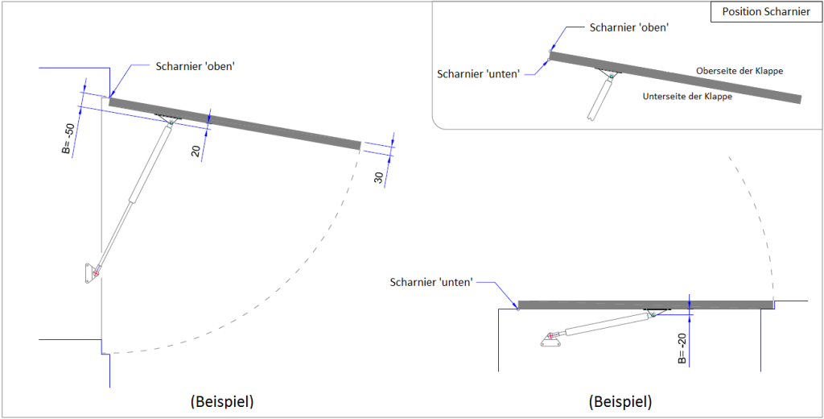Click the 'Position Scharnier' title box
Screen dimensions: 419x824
[x=765, y=12]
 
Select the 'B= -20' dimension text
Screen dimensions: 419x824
[x=681, y=347]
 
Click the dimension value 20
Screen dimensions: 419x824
[x=196, y=150]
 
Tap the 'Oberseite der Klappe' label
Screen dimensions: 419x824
[x=740, y=71]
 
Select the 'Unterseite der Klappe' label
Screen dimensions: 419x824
[x=687, y=97]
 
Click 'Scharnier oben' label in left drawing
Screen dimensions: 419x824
[x=194, y=66]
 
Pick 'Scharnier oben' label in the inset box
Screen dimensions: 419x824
[x=629, y=27]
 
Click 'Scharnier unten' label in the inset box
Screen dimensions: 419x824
[x=478, y=73]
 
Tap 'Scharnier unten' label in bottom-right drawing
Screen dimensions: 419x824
[x=431, y=282]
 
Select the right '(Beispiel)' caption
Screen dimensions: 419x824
[x=620, y=400]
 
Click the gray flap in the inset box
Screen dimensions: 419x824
[x=676, y=77]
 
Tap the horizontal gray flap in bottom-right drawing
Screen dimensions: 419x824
[x=644, y=305]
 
